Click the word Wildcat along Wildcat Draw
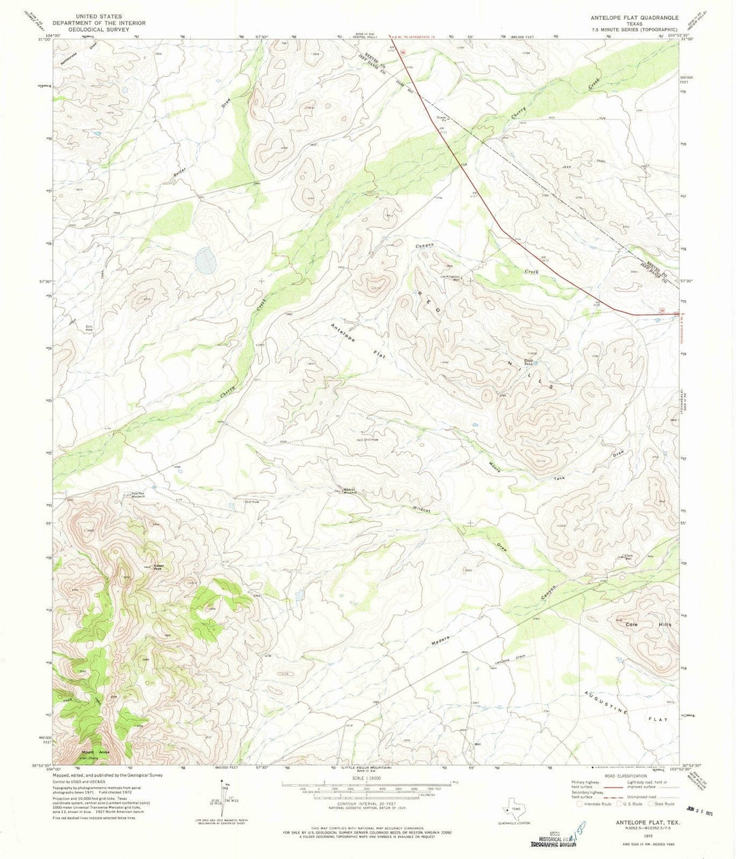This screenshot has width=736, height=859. point(423,509)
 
